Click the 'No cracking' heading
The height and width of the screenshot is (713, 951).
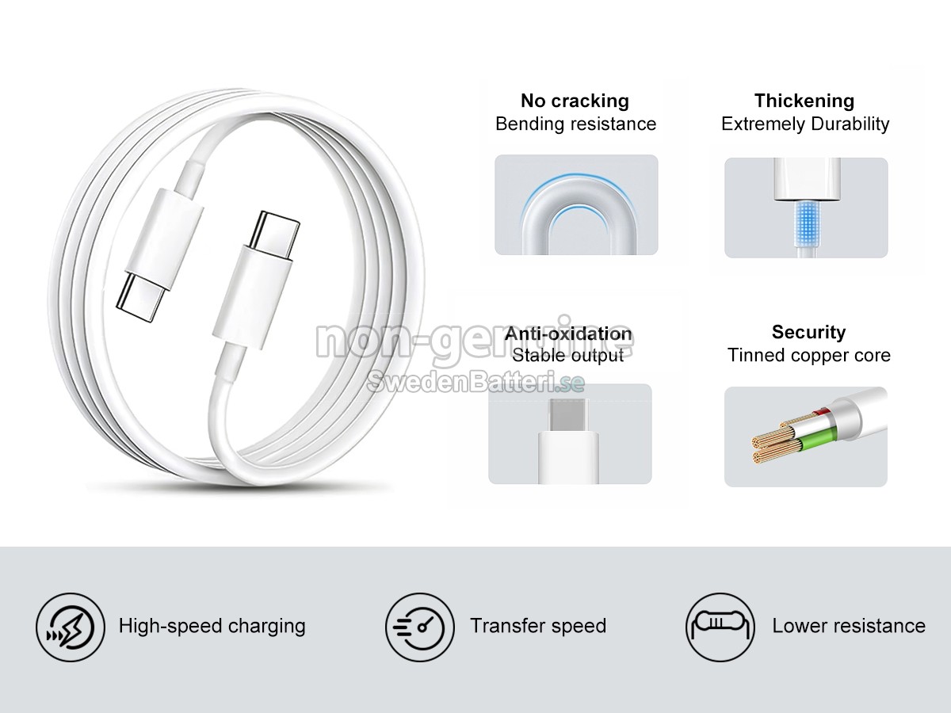[575, 101]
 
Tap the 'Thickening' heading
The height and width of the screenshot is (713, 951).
[804, 101]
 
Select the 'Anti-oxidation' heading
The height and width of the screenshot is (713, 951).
[568, 334]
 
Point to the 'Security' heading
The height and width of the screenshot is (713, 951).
[808, 332]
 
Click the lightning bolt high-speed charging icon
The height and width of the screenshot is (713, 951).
[71, 627]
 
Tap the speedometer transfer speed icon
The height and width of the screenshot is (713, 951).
[420, 627]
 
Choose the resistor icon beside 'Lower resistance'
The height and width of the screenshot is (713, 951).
[720, 627]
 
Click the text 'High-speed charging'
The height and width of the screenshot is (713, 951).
[212, 626]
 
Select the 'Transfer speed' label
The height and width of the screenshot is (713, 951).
[538, 626]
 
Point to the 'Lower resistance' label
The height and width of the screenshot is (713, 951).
[849, 626]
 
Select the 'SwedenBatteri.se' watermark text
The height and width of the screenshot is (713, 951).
[475, 383]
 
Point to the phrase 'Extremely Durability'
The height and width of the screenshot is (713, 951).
[805, 124]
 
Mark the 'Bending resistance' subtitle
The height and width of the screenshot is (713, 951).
[575, 124]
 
